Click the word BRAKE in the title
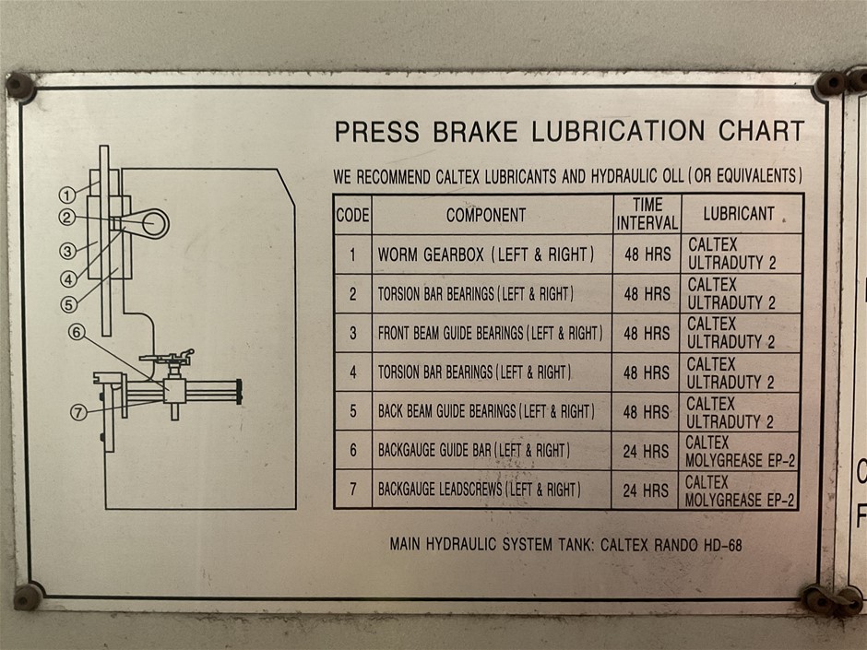coord(475,132)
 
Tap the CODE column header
coord(352,215)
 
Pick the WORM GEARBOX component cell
coord(486,254)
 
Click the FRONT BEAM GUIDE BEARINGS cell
coord(490,333)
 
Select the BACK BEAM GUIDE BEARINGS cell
coord(486,412)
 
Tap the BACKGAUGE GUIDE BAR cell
coord(474,451)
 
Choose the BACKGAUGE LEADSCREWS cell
coord(479,490)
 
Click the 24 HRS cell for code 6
coord(646,452)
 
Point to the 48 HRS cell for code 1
coord(647,254)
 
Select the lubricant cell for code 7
coord(740,490)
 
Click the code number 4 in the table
coord(353,372)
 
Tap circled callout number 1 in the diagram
coord(67,195)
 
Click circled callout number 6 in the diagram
coord(77,332)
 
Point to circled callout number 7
coord(78,412)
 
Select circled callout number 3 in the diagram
coord(67,251)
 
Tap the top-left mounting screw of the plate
coord(19,87)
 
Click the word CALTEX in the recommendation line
coord(457,177)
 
